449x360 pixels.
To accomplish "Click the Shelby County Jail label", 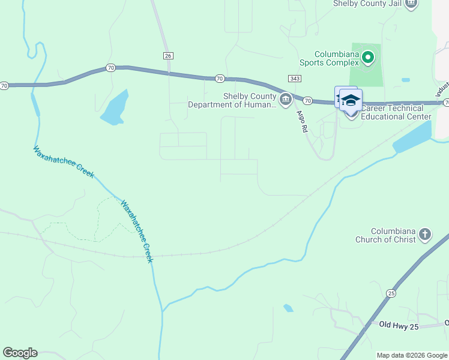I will [x=367, y=4].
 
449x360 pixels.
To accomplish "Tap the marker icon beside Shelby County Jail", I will [x=411, y=4].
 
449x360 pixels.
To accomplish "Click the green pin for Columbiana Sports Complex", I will [x=367, y=58].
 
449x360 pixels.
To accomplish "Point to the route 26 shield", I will [x=167, y=55].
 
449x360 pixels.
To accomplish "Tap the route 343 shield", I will [x=294, y=79].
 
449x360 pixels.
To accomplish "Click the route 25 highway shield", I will [x=391, y=293].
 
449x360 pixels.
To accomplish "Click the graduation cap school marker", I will [x=351, y=99].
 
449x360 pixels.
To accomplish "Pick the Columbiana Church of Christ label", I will [x=393, y=236].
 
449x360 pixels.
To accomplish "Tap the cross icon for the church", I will [x=425, y=235].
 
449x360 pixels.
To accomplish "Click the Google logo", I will [x=20, y=353].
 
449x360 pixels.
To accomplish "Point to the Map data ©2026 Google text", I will [x=412, y=355].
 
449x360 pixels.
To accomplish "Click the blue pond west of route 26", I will [x=115, y=108].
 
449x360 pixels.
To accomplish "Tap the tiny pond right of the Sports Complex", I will [x=406, y=80].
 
